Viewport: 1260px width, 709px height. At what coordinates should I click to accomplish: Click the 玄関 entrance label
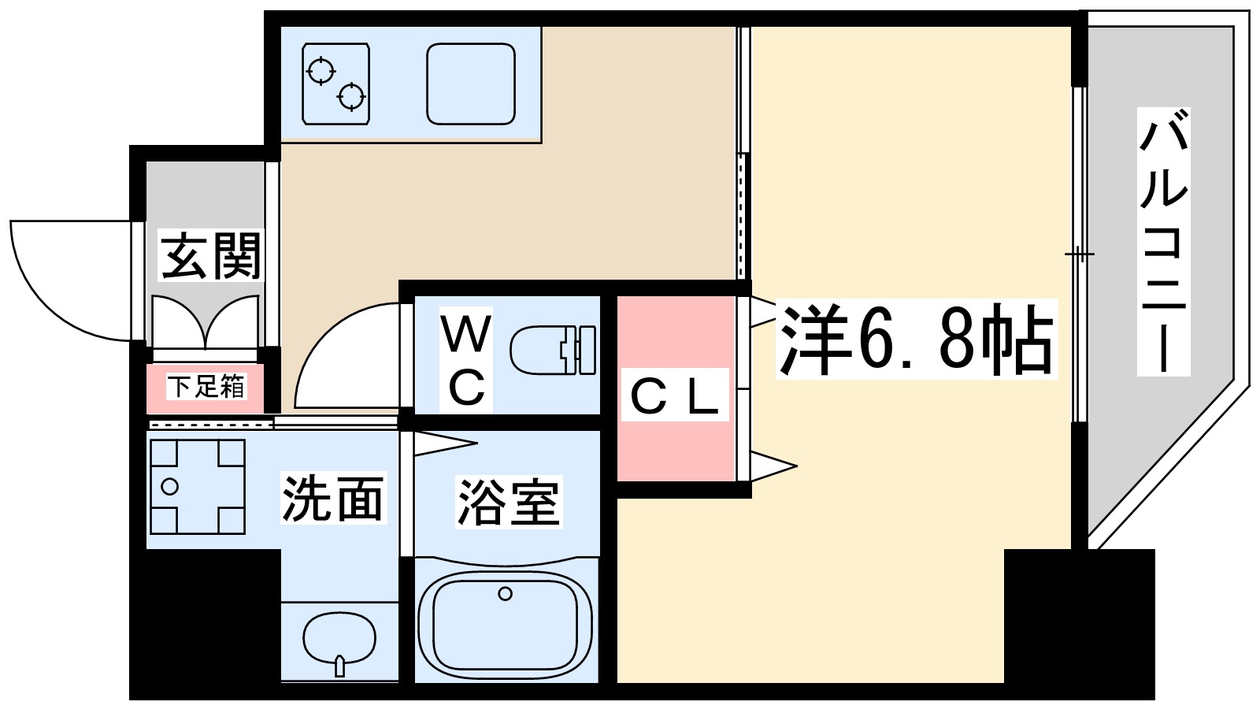[x=210, y=255]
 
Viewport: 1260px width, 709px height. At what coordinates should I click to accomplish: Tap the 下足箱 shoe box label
[x=206, y=387]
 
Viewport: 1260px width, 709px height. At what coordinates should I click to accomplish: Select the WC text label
[x=466, y=360]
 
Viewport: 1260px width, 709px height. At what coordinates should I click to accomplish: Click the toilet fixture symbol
[x=553, y=351]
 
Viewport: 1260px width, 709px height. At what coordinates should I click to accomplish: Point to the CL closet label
[x=674, y=396]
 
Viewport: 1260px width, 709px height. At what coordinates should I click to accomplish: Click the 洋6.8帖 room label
[x=915, y=340]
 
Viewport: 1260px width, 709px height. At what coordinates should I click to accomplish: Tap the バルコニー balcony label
[x=1163, y=243]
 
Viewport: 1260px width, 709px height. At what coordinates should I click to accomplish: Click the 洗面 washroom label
[x=332, y=499]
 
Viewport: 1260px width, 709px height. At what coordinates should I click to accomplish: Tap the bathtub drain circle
[x=505, y=593]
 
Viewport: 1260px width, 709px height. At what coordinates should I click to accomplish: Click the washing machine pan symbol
[x=197, y=487]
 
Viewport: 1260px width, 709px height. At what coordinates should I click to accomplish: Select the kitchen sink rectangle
[x=471, y=84]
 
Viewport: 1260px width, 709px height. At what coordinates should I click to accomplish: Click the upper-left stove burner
[x=321, y=71]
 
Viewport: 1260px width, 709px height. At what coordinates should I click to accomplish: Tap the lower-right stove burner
[x=351, y=97]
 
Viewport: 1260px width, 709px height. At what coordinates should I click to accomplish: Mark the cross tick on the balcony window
[x=1079, y=254]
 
